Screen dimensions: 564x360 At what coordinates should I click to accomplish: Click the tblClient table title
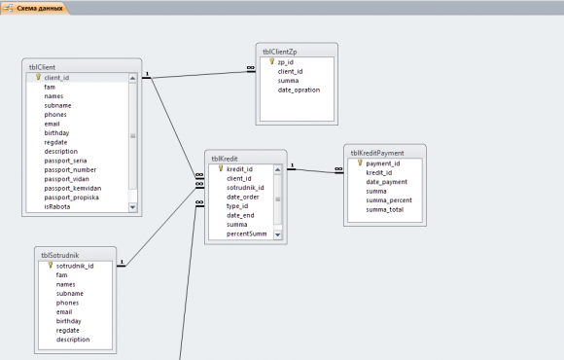(42, 67)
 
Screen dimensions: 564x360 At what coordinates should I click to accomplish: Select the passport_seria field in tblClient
(65, 161)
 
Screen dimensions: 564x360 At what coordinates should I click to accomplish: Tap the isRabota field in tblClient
(57, 206)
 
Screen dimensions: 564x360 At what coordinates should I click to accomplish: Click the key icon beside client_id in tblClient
(38, 77)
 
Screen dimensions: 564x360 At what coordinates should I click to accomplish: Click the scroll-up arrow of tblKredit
(277, 169)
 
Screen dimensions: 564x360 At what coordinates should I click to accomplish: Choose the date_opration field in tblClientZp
(299, 90)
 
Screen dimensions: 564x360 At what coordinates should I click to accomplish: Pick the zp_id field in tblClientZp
(286, 62)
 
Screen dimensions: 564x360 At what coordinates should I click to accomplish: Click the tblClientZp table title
(279, 52)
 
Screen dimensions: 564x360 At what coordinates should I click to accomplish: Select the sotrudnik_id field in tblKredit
(245, 188)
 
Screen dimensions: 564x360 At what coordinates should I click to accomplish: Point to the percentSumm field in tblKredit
(247, 234)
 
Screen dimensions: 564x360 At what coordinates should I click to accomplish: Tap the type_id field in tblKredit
(237, 206)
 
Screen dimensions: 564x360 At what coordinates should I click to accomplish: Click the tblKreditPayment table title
(377, 153)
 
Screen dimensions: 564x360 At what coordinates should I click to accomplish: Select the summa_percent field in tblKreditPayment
(389, 200)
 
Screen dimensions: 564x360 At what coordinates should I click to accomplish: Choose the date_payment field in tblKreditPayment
(387, 182)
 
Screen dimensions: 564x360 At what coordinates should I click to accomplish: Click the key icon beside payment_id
(360, 163)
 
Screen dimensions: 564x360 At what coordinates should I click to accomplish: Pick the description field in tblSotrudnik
(73, 340)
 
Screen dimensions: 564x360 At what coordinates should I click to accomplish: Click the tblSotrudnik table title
(59, 255)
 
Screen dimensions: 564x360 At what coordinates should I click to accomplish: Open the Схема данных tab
(40, 8)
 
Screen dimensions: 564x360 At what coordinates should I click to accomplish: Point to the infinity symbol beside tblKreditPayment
(338, 168)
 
